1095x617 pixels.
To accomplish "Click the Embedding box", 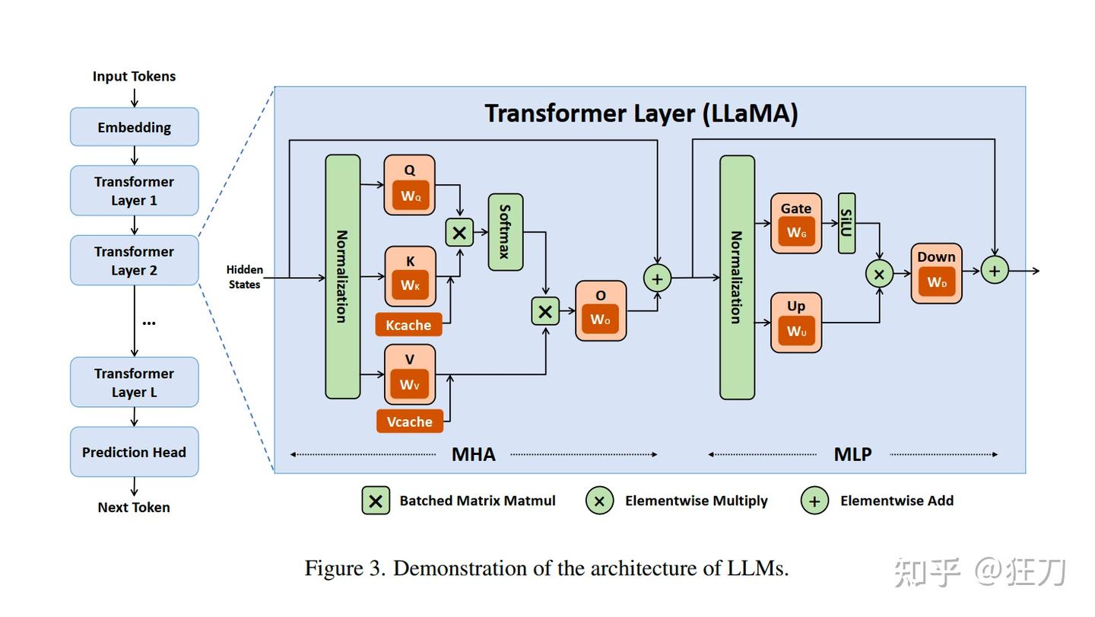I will (134, 127).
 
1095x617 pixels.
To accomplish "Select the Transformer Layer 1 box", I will (134, 191).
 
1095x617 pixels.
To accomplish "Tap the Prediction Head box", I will (134, 452).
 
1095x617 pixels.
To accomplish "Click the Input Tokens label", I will (134, 76).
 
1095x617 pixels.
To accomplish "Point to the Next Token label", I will (134, 507).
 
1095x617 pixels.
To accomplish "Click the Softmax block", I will (505, 232).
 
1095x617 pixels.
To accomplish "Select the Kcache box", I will (408, 325).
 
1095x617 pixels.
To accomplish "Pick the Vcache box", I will (409, 421).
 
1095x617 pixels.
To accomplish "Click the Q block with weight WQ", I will (409, 185).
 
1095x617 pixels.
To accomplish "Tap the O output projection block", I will (601, 310).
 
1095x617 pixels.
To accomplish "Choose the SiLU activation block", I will (846, 223).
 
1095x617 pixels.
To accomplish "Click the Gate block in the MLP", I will (796, 223).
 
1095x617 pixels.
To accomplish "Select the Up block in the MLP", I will (796, 322).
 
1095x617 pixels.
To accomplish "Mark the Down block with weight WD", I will (936, 273).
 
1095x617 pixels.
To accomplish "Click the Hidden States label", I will (245, 277).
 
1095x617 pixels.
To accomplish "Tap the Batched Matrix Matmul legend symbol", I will (376, 501).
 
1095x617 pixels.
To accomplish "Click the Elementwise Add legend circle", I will (814, 501).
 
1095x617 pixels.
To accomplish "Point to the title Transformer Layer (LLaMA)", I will (641, 113).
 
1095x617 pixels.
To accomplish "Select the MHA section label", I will (473, 454).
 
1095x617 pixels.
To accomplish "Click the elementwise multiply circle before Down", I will (879, 274).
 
